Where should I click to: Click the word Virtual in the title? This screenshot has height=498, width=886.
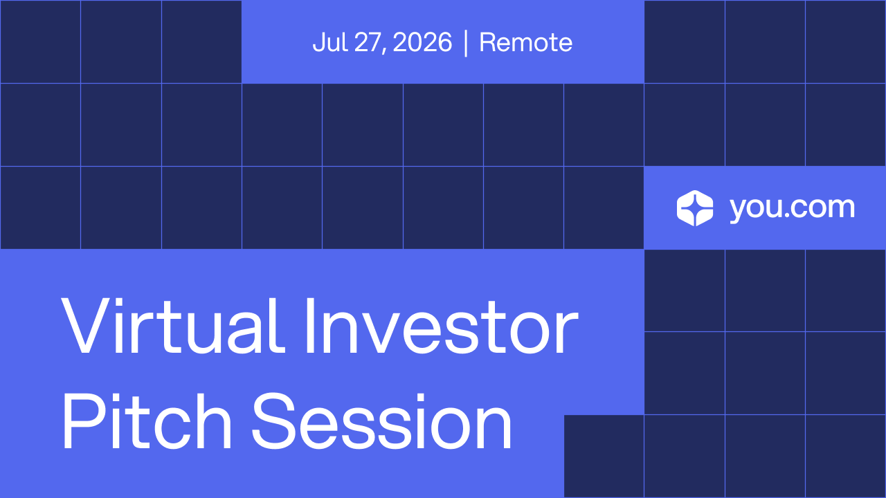click(173, 326)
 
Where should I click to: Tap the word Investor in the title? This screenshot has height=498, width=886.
click(442, 326)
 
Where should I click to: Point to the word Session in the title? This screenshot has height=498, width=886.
click(382, 421)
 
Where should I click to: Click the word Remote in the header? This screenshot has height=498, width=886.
click(525, 42)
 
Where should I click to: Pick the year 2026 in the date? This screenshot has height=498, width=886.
click(422, 42)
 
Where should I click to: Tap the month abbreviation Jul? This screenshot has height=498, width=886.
click(330, 42)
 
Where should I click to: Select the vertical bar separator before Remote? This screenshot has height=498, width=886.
click(466, 43)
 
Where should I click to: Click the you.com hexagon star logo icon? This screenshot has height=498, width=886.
click(695, 208)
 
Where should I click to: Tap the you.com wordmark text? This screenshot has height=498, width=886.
click(793, 209)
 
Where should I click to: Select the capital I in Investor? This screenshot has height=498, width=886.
click(310, 326)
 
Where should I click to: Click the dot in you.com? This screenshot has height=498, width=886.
click(787, 214)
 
